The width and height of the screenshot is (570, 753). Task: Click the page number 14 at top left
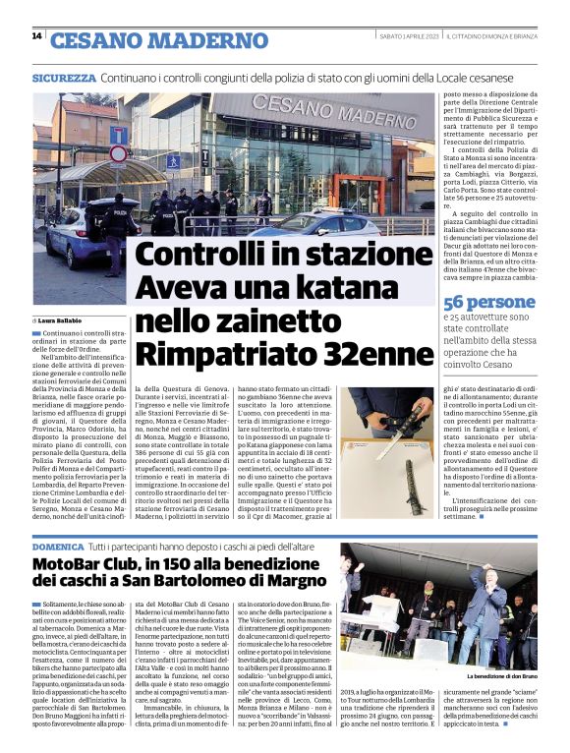pos(36,36)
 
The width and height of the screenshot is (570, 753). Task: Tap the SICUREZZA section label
pos(64,77)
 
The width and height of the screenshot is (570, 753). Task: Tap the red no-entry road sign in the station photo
pos(118,154)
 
